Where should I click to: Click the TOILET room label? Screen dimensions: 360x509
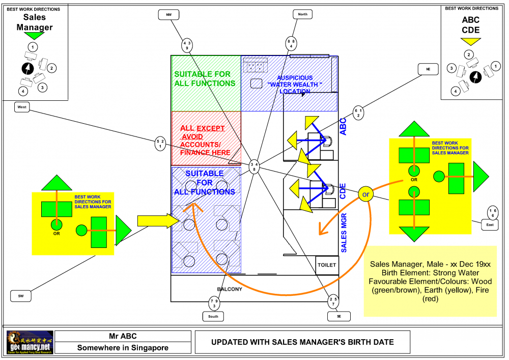327,265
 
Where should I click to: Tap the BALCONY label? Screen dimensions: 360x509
230,289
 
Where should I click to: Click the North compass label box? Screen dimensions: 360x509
303,14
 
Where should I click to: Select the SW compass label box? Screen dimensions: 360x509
21,295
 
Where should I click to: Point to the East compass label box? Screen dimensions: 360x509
490,225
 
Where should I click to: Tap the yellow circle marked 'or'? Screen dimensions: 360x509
365,194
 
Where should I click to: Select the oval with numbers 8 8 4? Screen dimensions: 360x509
291,43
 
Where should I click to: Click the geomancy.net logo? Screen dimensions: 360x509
28,342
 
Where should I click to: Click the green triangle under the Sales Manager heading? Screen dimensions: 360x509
35,36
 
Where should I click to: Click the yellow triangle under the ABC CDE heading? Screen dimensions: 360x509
470,41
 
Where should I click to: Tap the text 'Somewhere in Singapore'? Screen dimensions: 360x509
123,348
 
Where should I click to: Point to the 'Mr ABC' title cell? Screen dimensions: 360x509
123,336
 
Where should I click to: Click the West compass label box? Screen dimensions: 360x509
22,107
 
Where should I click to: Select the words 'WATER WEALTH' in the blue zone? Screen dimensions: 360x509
296,85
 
